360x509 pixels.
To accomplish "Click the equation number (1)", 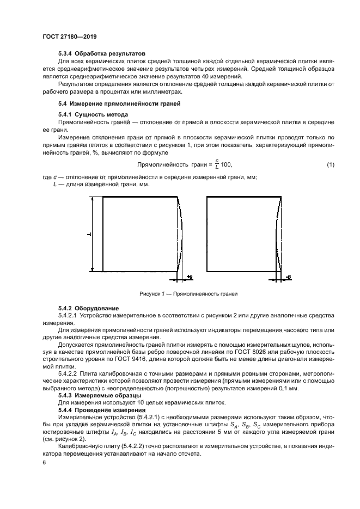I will [331, 165].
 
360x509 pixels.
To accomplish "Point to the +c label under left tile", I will [189, 277].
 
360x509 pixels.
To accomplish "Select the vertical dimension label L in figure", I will [89, 234].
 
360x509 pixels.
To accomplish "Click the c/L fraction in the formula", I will [216, 164].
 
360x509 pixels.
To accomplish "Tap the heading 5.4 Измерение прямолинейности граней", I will [119, 103].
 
